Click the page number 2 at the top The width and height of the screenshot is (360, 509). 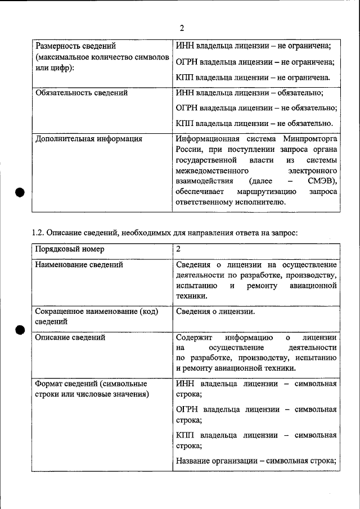(182, 28)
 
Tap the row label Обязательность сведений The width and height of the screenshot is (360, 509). (82, 93)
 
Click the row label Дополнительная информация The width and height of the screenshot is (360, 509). (88, 138)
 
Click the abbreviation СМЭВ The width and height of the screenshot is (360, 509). (321, 181)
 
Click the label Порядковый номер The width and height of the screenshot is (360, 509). (69, 249)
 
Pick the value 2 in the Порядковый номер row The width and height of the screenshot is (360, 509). (178, 249)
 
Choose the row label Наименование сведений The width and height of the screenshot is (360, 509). (79, 264)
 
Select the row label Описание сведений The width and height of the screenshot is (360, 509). (70, 337)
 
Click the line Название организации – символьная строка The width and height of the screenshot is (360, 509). (256, 461)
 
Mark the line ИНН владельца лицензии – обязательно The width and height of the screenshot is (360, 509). (250, 93)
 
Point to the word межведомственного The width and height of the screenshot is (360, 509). (213, 170)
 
